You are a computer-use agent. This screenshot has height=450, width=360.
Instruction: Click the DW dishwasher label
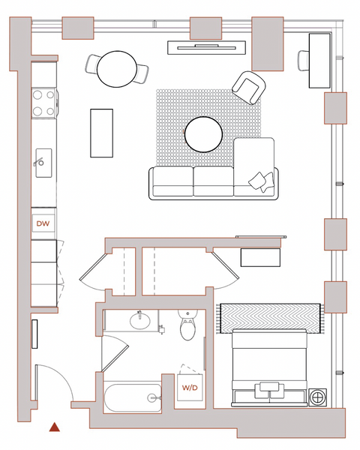pyautogui.click(x=43, y=223)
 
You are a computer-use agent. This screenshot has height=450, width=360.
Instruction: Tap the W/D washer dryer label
pyautogui.click(x=190, y=388)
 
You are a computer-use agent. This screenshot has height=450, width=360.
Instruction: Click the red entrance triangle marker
pyautogui.click(x=54, y=427)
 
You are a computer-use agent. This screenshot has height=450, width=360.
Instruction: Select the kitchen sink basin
pyautogui.click(x=43, y=163)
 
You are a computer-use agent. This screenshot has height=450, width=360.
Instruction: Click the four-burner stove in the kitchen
pyautogui.click(x=43, y=103)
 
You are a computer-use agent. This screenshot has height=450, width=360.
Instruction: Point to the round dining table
pyautogui.click(x=117, y=69)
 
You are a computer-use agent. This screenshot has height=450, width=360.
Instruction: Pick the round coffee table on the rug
pyautogui.click(x=203, y=134)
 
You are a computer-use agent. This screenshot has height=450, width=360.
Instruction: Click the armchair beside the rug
pyautogui.click(x=248, y=88)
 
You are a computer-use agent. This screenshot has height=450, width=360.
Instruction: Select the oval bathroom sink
pyautogui.click(x=140, y=321)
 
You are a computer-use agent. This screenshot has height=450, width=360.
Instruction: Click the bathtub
pyautogui.click(x=133, y=397)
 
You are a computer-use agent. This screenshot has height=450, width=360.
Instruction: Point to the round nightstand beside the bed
pyautogui.click(x=318, y=397)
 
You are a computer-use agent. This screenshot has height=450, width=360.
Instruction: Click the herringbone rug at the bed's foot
pyautogui.click(x=270, y=319)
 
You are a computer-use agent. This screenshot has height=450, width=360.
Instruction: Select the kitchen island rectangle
pyautogui.click(x=102, y=133)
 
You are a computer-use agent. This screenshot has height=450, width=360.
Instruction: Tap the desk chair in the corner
pyautogui.click(x=304, y=60)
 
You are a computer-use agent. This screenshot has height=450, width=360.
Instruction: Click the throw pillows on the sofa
pyautogui.click(x=262, y=181)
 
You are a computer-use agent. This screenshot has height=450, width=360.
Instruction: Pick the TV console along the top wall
pyautogui.click(x=207, y=47)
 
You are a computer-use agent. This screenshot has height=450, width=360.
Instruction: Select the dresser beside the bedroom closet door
pyautogui.click(x=260, y=257)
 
